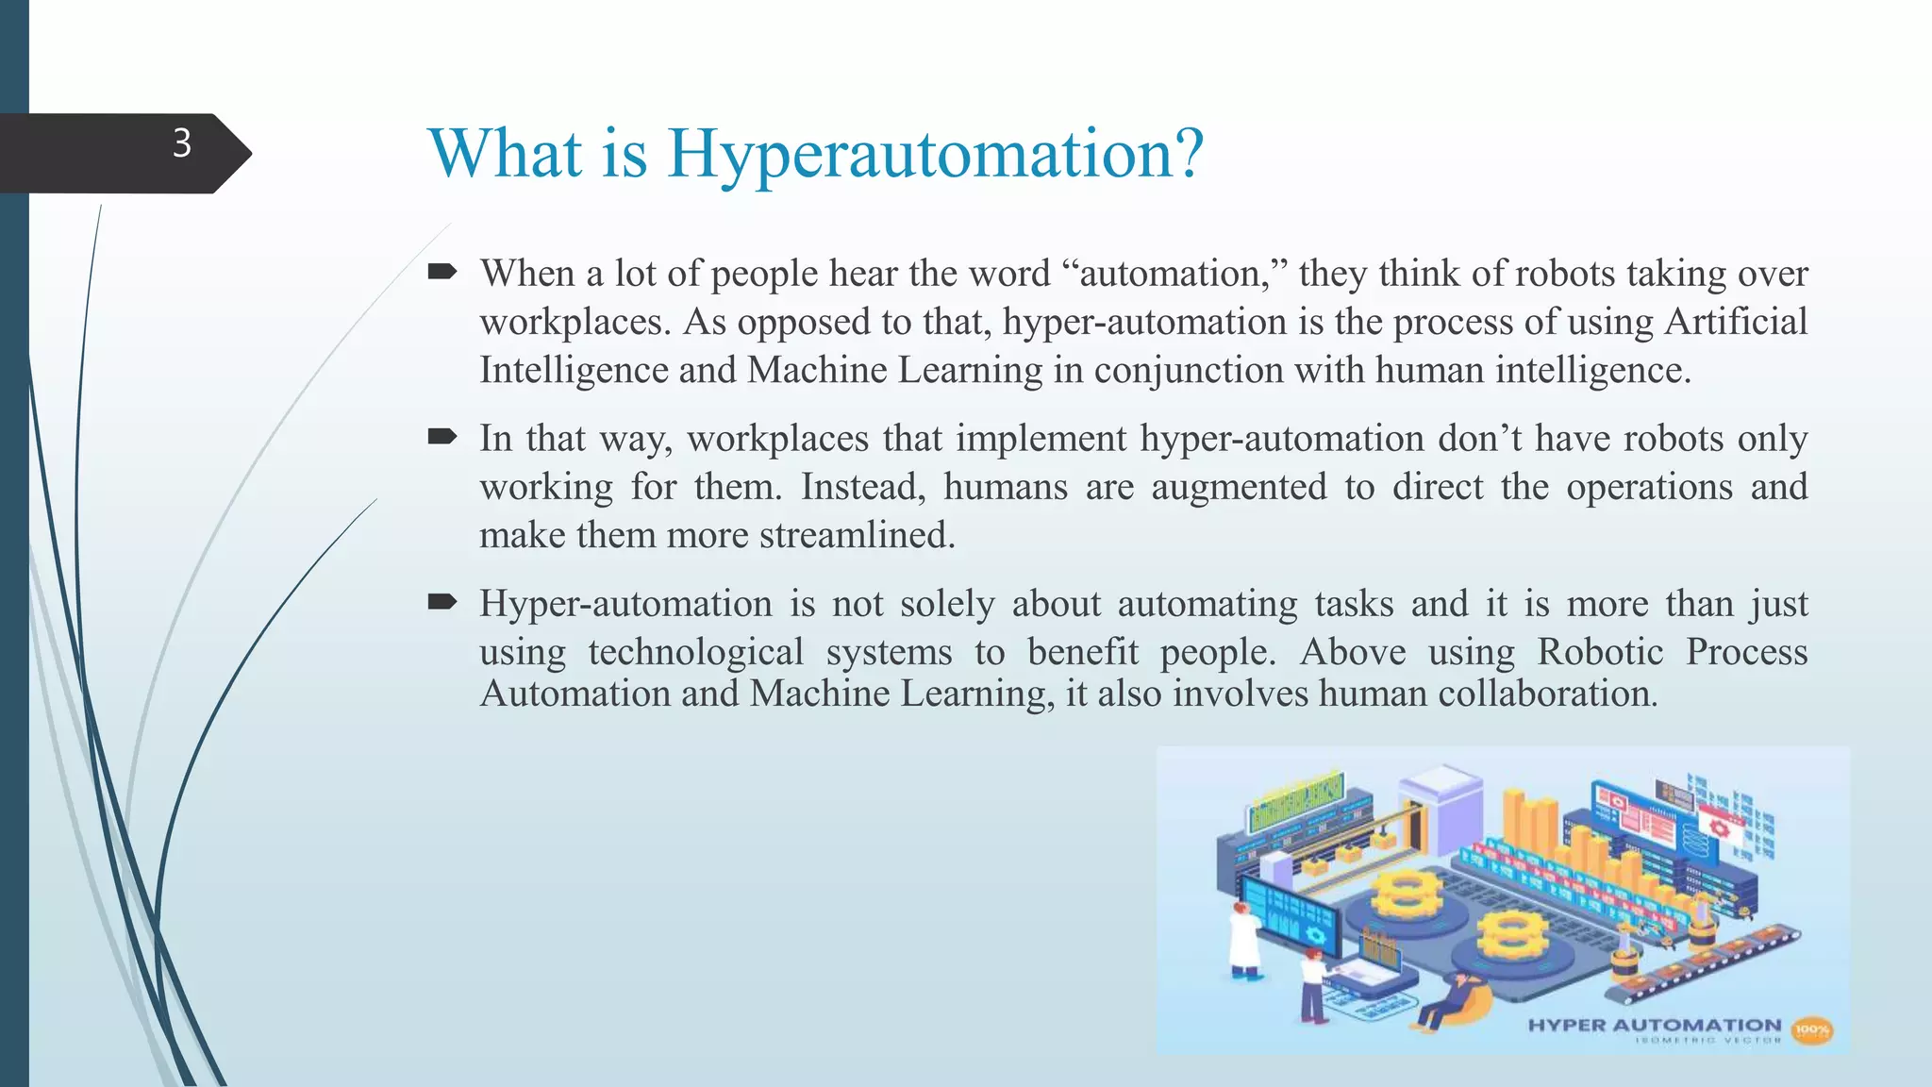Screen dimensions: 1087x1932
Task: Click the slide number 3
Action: [182, 143]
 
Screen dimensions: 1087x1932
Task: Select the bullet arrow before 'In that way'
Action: [441, 437]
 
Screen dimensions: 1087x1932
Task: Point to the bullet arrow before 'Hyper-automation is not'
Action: [441, 602]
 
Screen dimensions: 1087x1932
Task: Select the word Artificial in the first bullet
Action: [1736, 322]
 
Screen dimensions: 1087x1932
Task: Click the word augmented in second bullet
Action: [1239, 487]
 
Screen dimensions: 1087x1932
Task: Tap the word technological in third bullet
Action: [695, 652]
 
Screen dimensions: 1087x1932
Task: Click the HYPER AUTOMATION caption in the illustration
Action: [1654, 1025]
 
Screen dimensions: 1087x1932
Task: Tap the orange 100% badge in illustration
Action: [1811, 1030]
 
